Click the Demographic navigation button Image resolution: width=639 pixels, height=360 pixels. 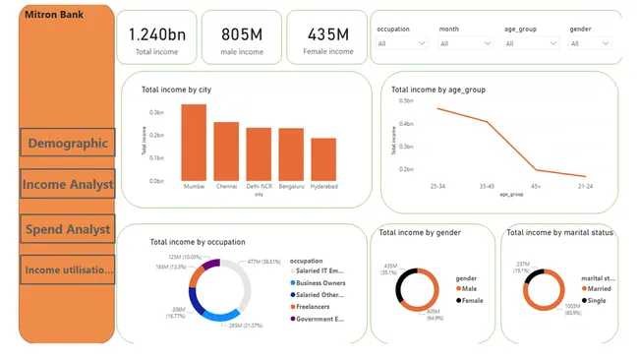[x=68, y=144]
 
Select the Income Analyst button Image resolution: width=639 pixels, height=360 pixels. [x=68, y=184]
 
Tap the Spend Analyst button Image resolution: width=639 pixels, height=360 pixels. [x=68, y=229]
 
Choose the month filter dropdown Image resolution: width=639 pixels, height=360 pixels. [x=465, y=43]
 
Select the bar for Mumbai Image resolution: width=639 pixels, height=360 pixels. [x=194, y=142]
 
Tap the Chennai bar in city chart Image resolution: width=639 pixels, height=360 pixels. [x=226, y=150]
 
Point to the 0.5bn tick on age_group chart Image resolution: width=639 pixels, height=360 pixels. [x=405, y=99]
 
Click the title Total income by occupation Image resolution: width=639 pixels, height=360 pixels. [x=198, y=241]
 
